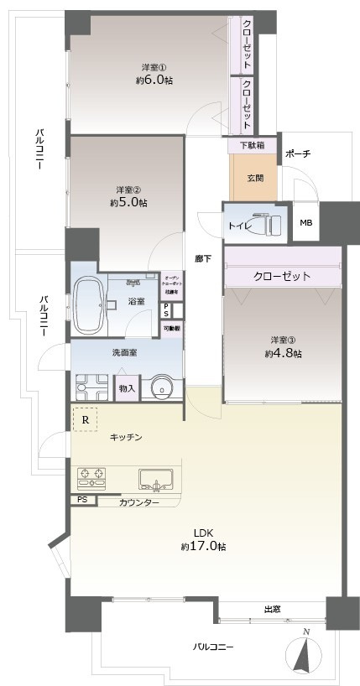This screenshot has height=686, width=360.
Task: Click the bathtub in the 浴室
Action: click(x=87, y=299)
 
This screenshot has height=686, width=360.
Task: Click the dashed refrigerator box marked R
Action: click(x=85, y=419)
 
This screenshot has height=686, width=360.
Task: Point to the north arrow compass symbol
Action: click(x=306, y=655)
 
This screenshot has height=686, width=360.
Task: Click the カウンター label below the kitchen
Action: click(x=137, y=502)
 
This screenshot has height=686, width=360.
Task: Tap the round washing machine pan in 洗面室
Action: click(x=160, y=387)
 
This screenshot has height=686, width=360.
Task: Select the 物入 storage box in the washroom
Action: click(x=127, y=387)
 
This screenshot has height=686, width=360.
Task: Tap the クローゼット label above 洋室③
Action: click(x=282, y=276)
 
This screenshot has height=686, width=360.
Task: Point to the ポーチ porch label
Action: click(x=298, y=154)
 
